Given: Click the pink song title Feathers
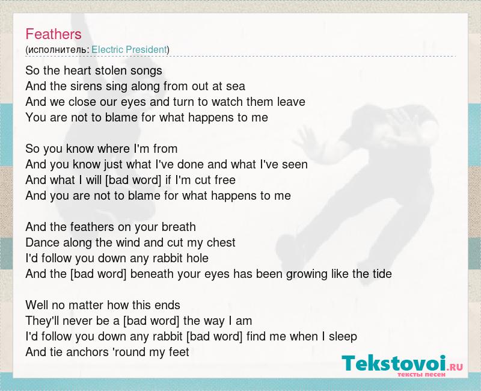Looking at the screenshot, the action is coord(54,34).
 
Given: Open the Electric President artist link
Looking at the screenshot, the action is coord(129,50).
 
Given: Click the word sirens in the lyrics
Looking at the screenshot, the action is coord(87,86).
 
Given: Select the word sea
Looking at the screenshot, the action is coord(236,87).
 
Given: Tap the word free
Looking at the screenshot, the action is coord(225,180).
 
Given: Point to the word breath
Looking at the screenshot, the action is coord(179,227).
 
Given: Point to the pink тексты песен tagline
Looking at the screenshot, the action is coord(421,374).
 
